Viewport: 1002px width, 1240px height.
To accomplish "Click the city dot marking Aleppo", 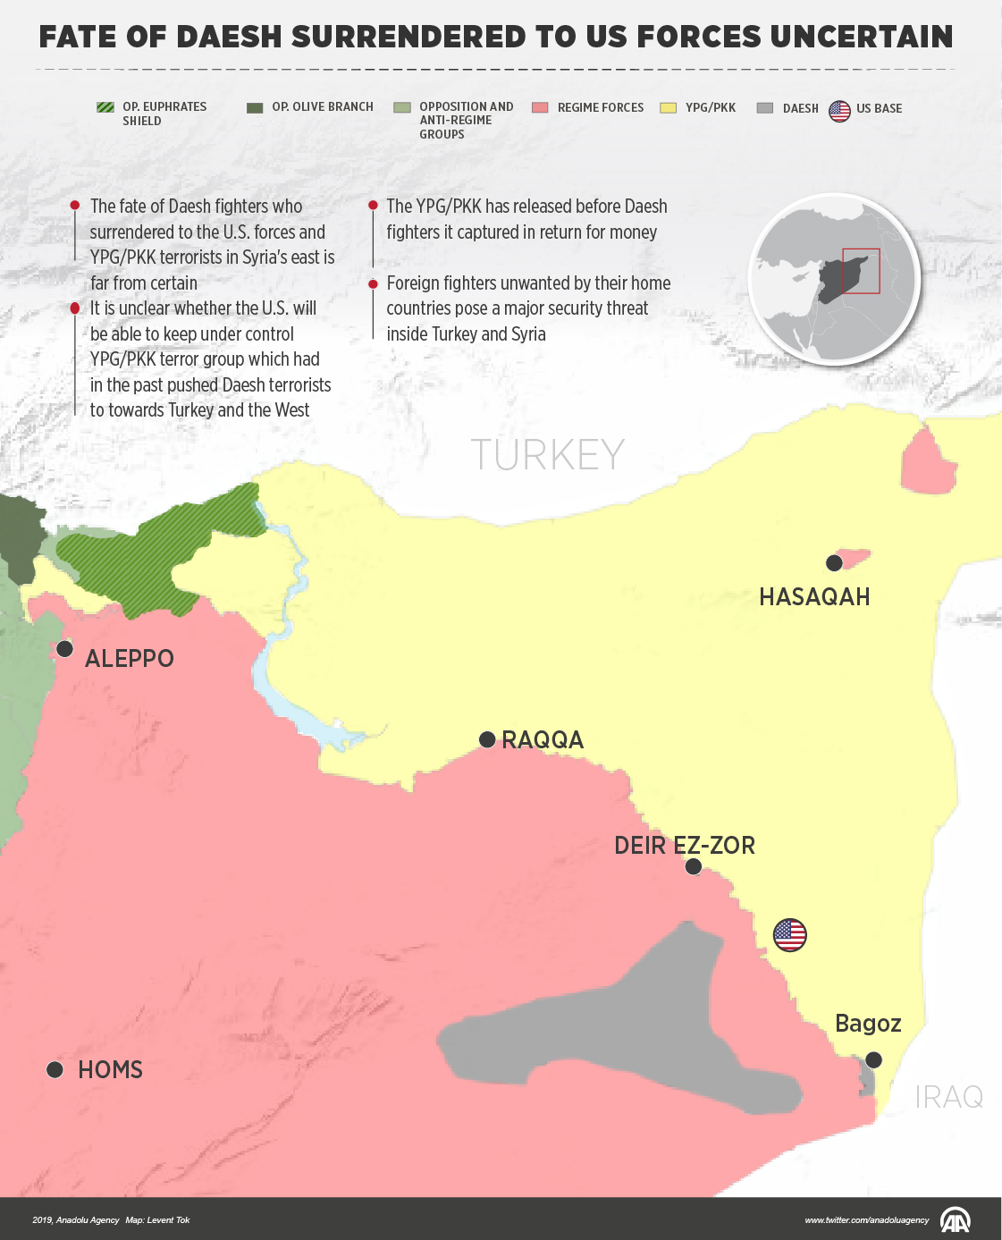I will [64, 648].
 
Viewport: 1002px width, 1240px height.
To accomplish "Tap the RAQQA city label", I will [543, 740].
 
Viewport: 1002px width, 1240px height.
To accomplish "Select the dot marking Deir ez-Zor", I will [693, 866].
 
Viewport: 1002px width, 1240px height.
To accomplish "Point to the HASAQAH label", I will [814, 597].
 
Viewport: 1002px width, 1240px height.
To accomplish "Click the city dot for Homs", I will [55, 1069].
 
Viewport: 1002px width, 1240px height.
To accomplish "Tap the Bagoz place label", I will [867, 1024].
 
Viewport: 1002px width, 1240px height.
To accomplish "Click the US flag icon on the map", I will [789, 935].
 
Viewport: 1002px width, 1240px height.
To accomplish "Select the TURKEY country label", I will [547, 455].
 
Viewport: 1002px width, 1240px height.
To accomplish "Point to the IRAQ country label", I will [948, 1097].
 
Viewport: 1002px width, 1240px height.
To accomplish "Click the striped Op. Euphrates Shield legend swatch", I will [105, 107].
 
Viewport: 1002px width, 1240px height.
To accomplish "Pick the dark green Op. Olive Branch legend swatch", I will [255, 107].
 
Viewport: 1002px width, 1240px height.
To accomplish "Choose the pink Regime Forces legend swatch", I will [539, 107].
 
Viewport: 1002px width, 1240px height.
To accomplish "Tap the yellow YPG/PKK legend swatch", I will [668, 107].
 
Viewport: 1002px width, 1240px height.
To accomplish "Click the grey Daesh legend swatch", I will [764, 107].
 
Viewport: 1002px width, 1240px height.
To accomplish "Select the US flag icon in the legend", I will [839, 111].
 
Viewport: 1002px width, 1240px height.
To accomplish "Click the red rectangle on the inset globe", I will [861, 271].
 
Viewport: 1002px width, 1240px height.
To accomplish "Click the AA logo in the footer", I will [956, 1219].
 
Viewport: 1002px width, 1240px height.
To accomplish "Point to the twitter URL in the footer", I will [866, 1220].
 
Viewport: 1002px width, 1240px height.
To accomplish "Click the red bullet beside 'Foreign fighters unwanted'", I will [373, 283].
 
